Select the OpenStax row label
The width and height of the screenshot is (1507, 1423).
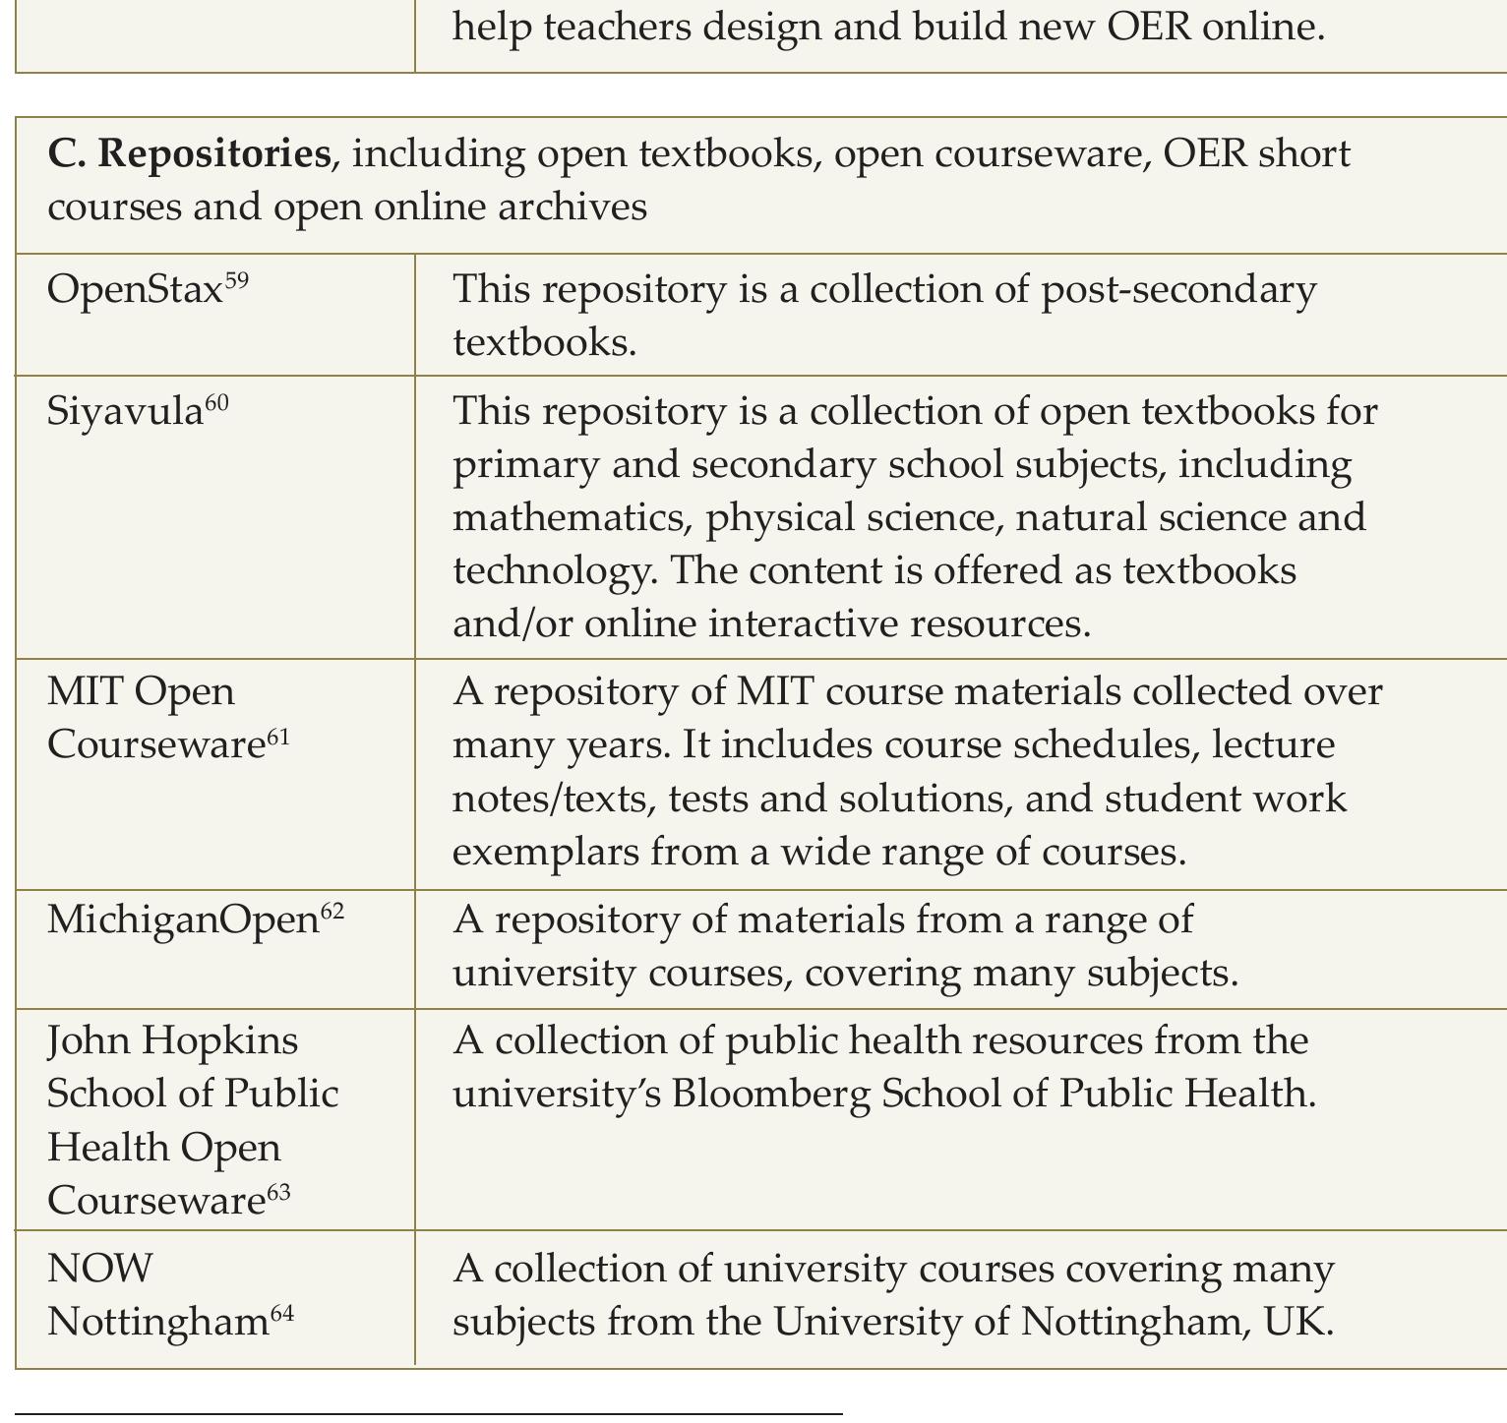(x=135, y=289)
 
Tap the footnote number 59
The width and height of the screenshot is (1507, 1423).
(x=237, y=281)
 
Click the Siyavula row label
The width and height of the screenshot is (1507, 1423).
(x=125, y=411)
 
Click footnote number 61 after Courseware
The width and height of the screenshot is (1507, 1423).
(x=278, y=737)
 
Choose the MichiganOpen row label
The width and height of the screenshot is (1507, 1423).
(x=183, y=919)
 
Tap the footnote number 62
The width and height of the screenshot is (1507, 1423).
(x=332, y=912)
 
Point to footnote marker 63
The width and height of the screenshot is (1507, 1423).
(x=278, y=1192)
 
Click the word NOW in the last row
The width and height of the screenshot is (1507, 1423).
(x=100, y=1269)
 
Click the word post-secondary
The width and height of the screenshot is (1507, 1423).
(x=1177, y=289)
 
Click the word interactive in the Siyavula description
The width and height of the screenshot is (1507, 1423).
(x=804, y=623)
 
